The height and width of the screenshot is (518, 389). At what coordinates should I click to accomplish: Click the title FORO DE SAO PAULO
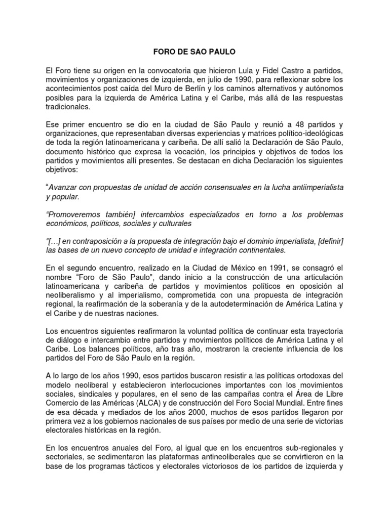194,52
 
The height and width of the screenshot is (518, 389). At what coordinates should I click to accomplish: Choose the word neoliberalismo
74,296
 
